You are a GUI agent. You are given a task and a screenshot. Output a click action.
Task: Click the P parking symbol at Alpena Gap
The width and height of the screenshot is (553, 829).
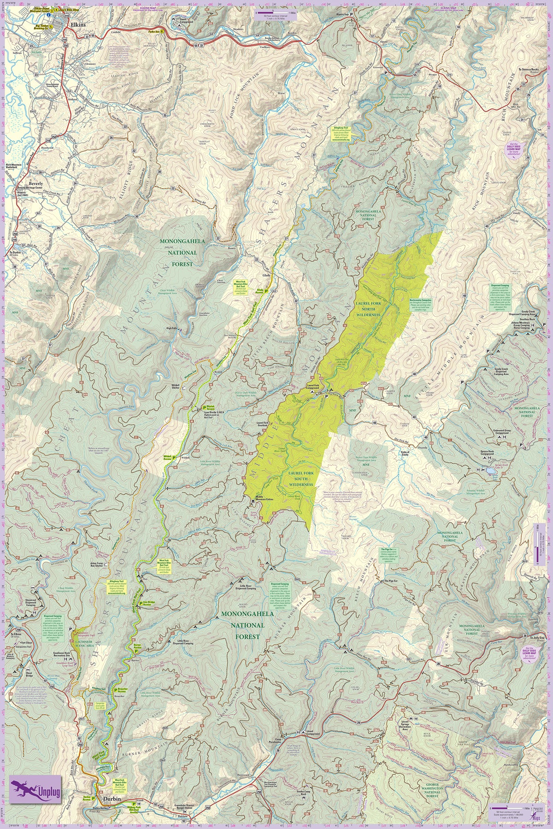351,14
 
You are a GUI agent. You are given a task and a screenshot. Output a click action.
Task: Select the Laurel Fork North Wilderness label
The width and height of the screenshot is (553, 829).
368,309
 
